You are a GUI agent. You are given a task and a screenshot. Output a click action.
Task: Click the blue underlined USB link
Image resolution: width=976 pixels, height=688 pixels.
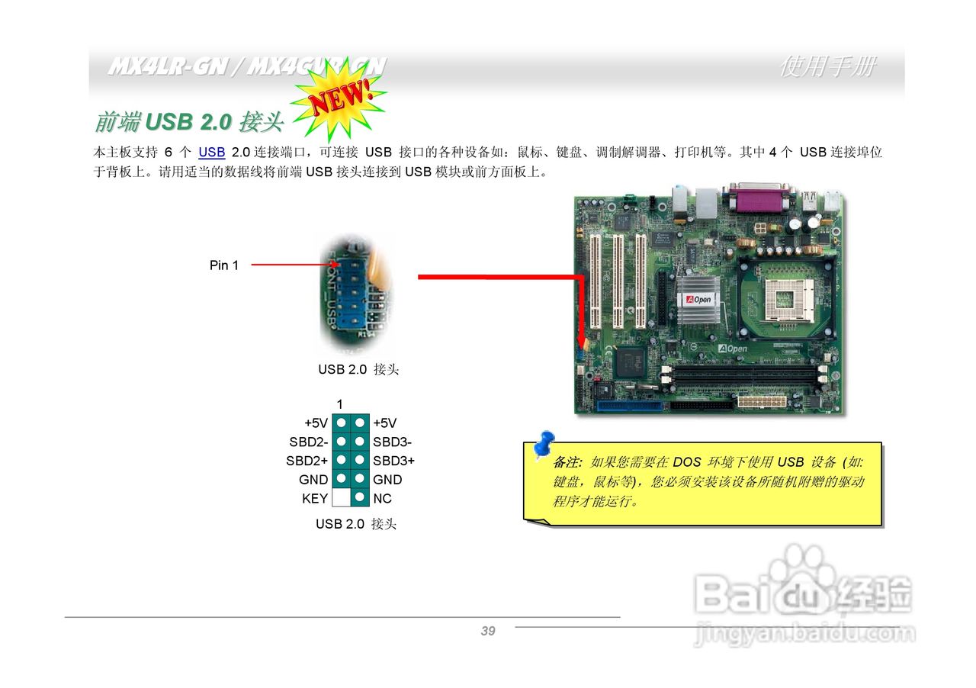pyautogui.click(x=211, y=153)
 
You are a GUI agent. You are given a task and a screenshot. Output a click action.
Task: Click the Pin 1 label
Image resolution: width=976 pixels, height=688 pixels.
pyautogui.click(x=223, y=265)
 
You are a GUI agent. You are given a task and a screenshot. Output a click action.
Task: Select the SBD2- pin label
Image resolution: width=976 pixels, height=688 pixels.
pyautogui.click(x=308, y=442)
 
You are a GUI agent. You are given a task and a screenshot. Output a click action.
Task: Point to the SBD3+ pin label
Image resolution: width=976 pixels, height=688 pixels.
pyautogui.click(x=393, y=461)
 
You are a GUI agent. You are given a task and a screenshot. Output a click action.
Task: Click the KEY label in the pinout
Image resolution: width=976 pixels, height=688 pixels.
pyautogui.click(x=314, y=499)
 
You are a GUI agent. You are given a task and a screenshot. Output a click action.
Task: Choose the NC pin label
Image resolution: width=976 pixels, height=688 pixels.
pyautogui.click(x=382, y=499)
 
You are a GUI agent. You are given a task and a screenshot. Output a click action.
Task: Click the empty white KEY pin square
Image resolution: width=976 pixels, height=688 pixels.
pyautogui.click(x=341, y=499)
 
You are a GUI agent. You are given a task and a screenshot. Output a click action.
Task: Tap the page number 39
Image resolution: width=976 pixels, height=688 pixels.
pyautogui.click(x=488, y=631)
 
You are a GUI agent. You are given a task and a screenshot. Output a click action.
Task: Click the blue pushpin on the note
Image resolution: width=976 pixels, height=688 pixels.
pyautogui.click(x=544, y=445)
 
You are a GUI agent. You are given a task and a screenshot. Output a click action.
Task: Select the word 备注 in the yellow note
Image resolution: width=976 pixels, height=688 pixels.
pyautogui.click(x=567, y=462)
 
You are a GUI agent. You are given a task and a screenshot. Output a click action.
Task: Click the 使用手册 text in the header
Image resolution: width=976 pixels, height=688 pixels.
pyautogui.click(x=827, y=67)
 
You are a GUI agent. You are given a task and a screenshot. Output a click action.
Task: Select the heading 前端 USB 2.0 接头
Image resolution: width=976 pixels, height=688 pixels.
pyautogui.click(x=189, y=121)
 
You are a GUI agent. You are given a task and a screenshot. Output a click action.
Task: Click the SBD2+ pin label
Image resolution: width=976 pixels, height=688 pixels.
pyautogui.click(x=307, y=461)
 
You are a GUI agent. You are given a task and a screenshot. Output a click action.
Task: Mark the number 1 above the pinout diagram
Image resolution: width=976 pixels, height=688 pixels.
pyautogui.click(x=340, y=403)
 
